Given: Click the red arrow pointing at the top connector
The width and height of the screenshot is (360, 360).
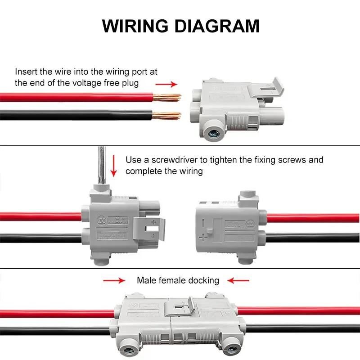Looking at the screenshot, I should click(x=166, y=84).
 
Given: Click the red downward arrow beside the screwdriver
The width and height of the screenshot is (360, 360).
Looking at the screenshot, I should click(x=114, y=166).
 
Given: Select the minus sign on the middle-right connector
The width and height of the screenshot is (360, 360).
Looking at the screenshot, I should click(x=204, y=222).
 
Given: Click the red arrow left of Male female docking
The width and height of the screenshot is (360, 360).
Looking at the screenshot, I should click(x=114, y=280).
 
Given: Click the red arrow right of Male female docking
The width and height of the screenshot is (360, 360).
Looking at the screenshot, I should click(x=238, y=280).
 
